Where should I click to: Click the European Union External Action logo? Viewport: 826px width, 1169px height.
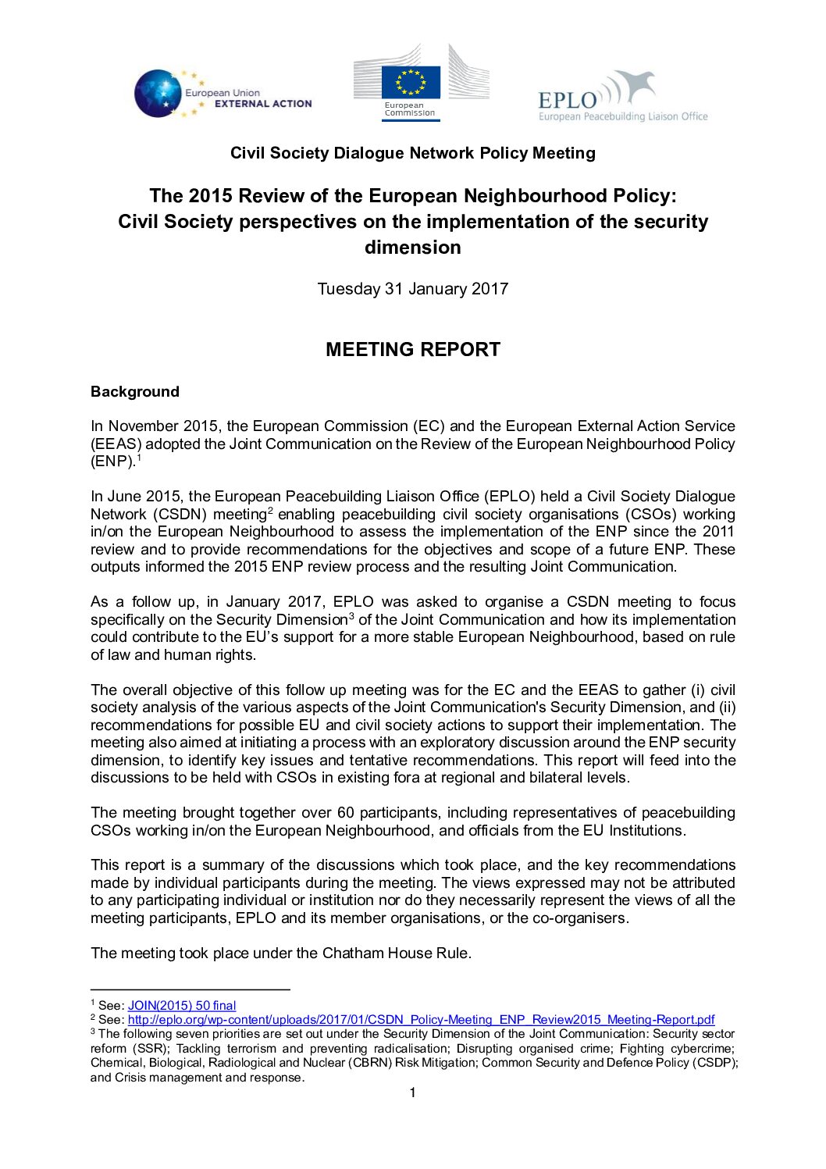click(x=223, y=94)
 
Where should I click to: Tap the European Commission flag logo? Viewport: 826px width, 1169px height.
click(x=411, y=82)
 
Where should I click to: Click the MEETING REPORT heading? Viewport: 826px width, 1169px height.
click(x=412, y=350)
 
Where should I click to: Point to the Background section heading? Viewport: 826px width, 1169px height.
click(x=135, y=392)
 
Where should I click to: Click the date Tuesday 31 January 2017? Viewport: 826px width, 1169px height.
click(x=412, y=289)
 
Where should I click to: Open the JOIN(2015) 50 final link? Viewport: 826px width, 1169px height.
click(x=182, y=1006)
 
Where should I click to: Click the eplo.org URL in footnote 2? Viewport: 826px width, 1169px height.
click(x=421, y=1020)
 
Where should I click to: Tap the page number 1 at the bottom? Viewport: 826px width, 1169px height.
click(x=412, y=1092)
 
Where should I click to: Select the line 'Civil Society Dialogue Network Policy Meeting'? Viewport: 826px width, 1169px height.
click(x=412, y=153)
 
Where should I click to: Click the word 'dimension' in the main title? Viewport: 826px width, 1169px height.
click(x=412, y=248)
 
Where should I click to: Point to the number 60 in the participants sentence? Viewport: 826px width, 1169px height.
click(x=346, y=813)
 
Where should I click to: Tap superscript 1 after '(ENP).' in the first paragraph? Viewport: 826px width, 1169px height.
click(x=138, y=458)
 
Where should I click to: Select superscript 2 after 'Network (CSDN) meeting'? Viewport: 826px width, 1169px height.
click(x=270, y=511)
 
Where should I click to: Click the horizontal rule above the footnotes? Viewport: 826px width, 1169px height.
click(x=190, y=990)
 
